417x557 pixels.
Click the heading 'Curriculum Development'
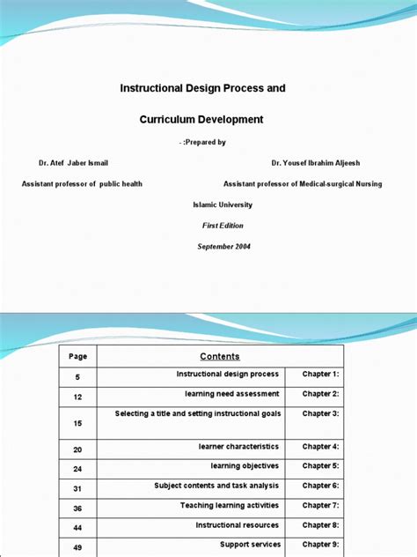click(201, 119)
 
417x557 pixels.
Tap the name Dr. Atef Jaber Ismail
click(73, 163)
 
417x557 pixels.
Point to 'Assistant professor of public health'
click(82, 184)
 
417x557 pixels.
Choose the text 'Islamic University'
click(222, 204)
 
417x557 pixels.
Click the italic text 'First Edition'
click(222, 226)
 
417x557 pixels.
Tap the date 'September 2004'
click(223, 247)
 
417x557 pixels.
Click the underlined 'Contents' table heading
click(220, 356)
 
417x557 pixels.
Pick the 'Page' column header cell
click(77, 356)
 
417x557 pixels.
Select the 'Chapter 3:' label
click(320, 413)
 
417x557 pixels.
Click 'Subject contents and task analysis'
click(216, 486)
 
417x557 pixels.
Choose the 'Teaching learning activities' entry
click(230, 506)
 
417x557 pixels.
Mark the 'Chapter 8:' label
click(320, 525)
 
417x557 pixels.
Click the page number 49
click(77, 547)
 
